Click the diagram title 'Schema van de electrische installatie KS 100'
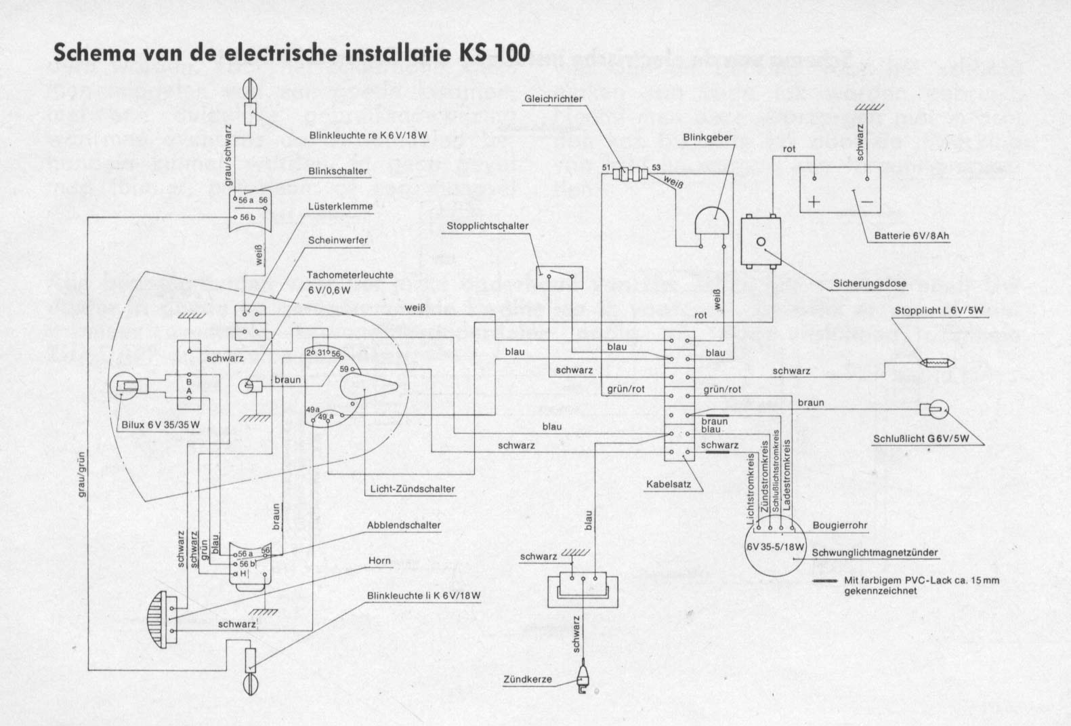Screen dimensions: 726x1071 (291, 53)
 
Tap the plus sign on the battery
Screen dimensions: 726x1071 (814, 201)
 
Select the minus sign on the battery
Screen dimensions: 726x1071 (866, 201)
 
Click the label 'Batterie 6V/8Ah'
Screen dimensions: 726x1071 (912, 236)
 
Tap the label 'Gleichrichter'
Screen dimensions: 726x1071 (553, 100)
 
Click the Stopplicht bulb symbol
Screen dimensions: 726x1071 (936, 363)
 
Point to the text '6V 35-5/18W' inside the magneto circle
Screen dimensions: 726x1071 (776, 547)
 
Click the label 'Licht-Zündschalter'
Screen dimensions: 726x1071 (413, 489)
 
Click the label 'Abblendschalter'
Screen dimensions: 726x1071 (404, 525)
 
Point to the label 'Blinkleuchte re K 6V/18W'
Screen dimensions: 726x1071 (369, 136)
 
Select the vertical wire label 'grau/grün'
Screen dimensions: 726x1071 (83, 475)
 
